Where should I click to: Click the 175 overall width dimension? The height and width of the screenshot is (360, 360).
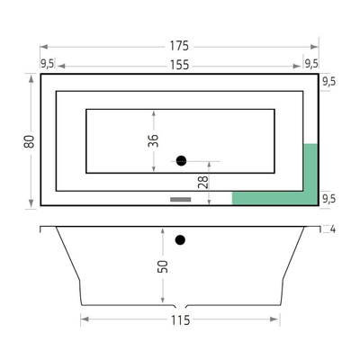pos(180,45)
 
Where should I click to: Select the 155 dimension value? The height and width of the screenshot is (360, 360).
pos(180,64)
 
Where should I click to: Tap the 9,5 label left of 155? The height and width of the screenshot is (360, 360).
pos(48,63)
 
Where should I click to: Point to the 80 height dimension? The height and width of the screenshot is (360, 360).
pos(30,140)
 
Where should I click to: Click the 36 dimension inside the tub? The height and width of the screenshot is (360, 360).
pos(154,140)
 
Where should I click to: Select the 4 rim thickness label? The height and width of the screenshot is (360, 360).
pos(332,229)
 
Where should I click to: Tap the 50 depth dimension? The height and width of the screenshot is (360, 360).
pos(163,266)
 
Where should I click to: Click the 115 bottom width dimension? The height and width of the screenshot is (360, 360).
pos(180,319)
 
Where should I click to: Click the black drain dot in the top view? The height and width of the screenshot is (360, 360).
pos(181,161)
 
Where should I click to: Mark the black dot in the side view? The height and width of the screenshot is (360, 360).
pos(181,239)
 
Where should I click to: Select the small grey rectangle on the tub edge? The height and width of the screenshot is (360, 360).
pos(182,199)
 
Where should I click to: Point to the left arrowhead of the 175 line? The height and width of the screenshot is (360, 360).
pos(42,45)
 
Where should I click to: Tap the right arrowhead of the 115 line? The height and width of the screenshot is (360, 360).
pos(278,319)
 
